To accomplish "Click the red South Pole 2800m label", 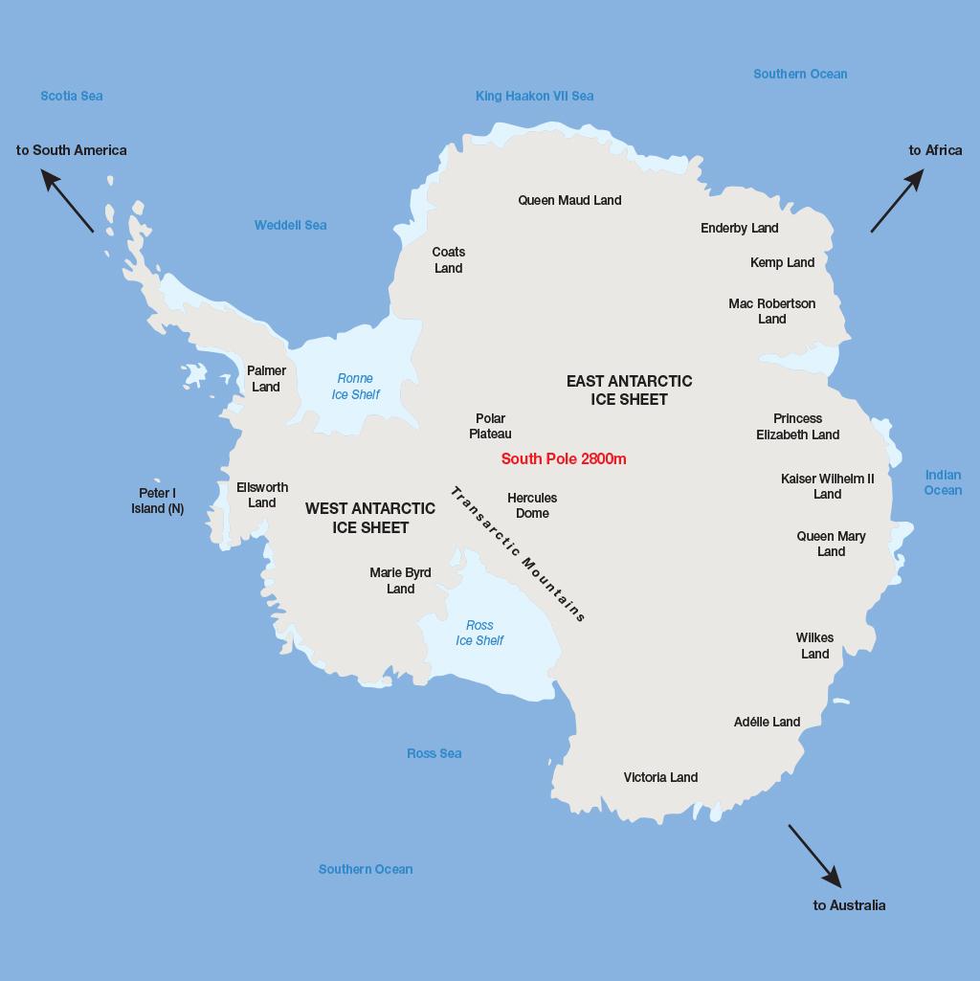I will (564, 458).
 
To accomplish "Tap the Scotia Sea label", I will (72, 96).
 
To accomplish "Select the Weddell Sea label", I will (290, 225).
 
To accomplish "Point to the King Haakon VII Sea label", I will (534, 96).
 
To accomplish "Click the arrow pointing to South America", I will (67, 200).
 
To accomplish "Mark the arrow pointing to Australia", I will (814, 856).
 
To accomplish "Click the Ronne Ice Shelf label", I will (355, 387).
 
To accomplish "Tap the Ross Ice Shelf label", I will (479, 633).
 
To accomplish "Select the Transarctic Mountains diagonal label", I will (518, 554).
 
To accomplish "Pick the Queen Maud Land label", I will (569, 200).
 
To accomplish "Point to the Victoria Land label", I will (660, 777).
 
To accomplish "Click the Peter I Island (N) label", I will (157, 501).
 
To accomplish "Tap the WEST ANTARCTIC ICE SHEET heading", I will (370, 518).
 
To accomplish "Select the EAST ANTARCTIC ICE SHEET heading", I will (629, 390).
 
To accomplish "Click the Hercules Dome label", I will (532, 505).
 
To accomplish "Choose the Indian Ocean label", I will (943, 482).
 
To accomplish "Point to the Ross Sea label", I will (434, 753).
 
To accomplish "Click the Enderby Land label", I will (739, 228).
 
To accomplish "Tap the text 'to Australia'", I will (849, 905).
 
